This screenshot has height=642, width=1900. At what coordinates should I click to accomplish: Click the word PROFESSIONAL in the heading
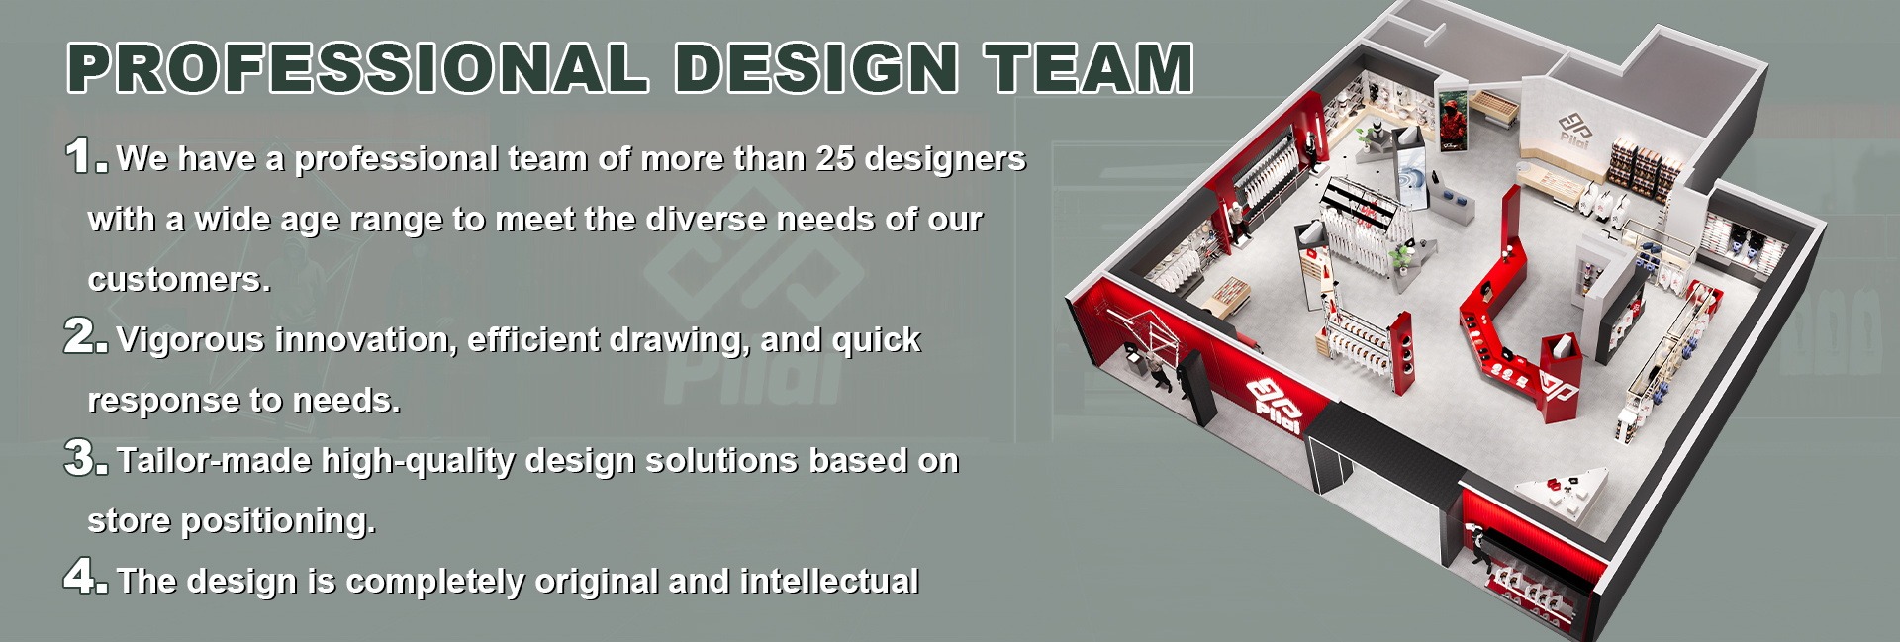[x=358, y=67]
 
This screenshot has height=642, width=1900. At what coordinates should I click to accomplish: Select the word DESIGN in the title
[x=816, y=67]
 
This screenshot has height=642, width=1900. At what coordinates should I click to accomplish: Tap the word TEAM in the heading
[x=1088, y=67]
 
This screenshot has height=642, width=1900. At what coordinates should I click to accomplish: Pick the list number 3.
[x=85, y=457]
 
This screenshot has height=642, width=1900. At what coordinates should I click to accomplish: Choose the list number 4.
[x=85, y=577]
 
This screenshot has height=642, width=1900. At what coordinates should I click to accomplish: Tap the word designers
[x=945, y=159]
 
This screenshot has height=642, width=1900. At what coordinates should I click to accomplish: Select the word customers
[x=179, y=280]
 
